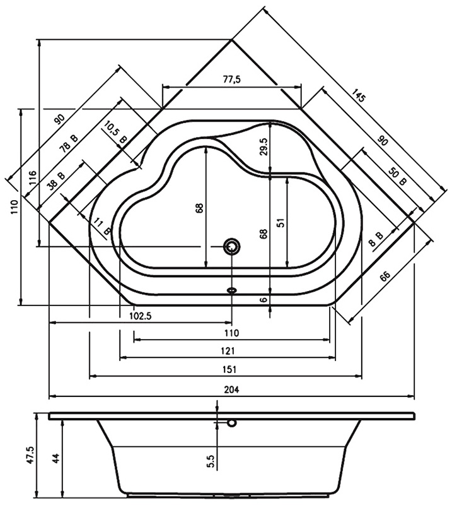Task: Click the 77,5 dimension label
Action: [231, 79]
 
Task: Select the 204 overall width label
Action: [231, 390]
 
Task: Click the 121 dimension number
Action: [228, 350]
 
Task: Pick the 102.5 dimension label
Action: [140, 316]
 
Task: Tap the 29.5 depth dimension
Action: [264, 146]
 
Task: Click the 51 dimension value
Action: [281, 222]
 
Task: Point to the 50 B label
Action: [397, 176]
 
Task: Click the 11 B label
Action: [102, 226]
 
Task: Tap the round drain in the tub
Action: [232, 247]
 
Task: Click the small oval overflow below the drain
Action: [232, 290]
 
